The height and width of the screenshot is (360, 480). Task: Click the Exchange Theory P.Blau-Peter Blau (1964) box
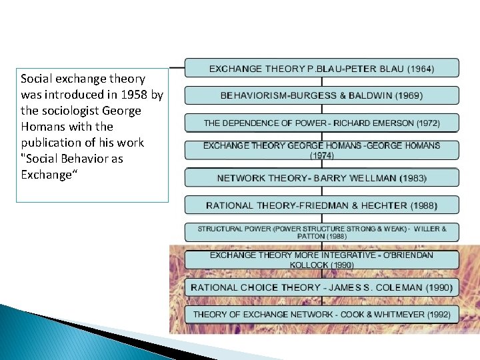(321, 68)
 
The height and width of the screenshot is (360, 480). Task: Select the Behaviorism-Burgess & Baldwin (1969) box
(321, 95)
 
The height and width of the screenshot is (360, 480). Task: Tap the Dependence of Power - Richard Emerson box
(321, 123)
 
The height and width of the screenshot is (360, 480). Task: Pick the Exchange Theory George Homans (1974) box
(321, 150)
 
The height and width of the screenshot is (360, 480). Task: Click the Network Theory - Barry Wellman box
(321, 178)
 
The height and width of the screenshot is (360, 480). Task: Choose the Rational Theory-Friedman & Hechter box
(321, 205)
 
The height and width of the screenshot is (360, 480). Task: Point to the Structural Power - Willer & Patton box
(321, 232)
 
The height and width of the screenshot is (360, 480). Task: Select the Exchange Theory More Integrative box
(321, 259)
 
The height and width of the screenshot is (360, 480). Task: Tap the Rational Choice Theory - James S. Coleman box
(321, 287)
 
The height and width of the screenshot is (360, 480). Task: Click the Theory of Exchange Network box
(321, 314)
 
